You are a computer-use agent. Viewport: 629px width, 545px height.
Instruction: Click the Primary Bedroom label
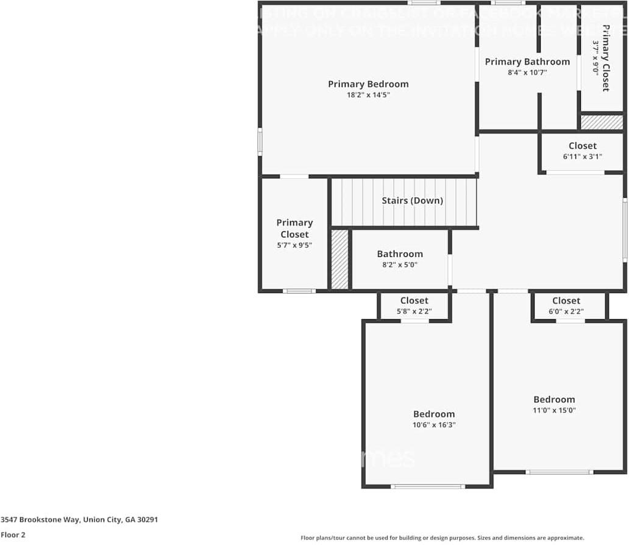(368, 84)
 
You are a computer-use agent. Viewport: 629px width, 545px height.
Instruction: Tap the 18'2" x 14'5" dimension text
(368, 95)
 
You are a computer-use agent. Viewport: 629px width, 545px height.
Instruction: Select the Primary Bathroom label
(527, 62)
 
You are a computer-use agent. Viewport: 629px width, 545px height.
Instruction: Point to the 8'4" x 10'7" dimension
(527, 73)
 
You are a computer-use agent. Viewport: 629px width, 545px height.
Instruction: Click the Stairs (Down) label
(412, 201)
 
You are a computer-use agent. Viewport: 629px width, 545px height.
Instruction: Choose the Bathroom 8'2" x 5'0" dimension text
(400, 265)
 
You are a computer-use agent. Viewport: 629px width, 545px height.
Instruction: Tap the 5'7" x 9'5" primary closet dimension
(294, 246)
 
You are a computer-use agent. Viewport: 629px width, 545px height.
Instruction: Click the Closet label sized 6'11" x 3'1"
(582, 146)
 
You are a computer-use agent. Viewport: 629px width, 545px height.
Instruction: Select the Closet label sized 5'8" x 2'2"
(414, 300)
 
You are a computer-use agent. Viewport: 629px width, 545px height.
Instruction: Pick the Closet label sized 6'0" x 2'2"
(566, 300)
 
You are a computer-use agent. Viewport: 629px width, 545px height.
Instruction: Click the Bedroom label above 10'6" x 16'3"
(434, 414)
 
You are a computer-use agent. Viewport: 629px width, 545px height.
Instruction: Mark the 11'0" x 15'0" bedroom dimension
(554, 410)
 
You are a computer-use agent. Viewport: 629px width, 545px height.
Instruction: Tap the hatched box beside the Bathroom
(339, 259)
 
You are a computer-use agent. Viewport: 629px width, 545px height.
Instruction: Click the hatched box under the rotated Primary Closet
(602, 122)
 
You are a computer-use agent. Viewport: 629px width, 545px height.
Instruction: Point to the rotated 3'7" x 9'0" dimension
(595, 57)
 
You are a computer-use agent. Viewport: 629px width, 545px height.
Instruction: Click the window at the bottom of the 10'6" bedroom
(428, 486)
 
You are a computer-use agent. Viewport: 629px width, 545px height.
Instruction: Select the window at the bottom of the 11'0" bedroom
(559, 472)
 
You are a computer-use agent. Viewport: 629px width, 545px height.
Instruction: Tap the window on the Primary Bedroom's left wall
(260, 142)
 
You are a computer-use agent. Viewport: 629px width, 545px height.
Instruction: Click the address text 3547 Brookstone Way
(79, 520)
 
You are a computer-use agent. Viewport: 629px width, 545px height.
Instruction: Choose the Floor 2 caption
(13, 535)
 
